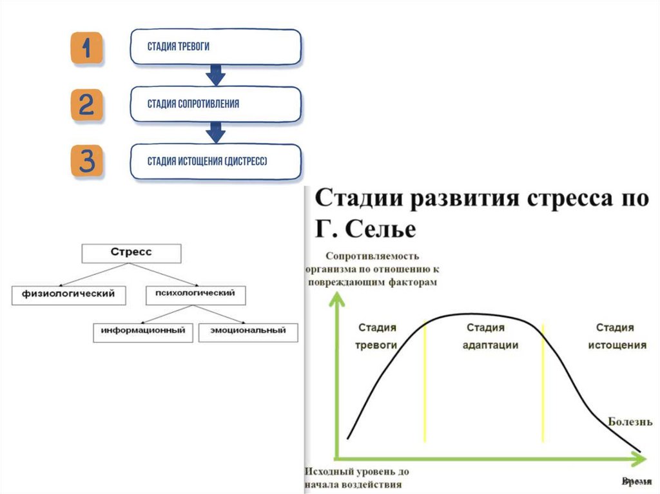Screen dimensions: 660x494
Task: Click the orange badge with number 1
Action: click(86, 48)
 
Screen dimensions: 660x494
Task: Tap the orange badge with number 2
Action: click(86, 105)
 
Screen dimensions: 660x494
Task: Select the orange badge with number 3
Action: click(86, 161)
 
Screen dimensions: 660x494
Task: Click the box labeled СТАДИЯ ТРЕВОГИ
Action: click(215, 47)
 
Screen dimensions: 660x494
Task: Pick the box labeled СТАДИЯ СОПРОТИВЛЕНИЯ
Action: click(215, 104)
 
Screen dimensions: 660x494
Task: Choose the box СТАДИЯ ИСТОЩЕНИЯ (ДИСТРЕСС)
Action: click(215, 161)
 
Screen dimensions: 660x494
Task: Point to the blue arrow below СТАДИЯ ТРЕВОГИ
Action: click(215, 76)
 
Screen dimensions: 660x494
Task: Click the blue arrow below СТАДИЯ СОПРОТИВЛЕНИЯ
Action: click(215, 133)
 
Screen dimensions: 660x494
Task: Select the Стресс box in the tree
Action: click(131, 252)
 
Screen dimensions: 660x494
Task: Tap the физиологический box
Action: click(70, 294)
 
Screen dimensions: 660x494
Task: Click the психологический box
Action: click(196, 294)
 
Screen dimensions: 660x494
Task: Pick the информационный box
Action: click(143, 331)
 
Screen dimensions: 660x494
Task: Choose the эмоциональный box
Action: click(248, 331)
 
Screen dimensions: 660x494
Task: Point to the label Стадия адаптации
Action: click(490, 336)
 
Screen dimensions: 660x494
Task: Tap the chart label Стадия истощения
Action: click(617, 336)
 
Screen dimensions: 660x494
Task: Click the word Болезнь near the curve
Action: click(630, 422)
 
